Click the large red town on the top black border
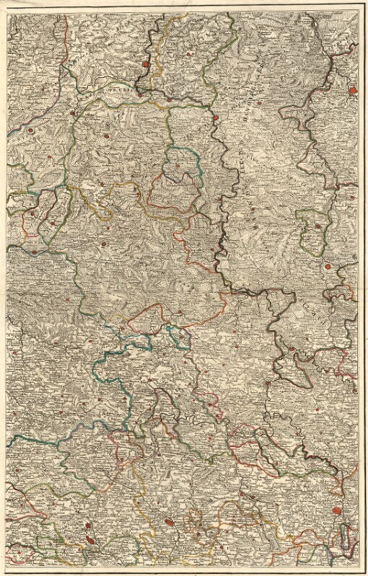tap(147, 63)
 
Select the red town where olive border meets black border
tap(216, 118)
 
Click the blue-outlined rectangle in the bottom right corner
tap(348, 537)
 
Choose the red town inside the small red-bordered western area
tap(32, 214)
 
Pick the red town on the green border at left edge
tap(32, 252)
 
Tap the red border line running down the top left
tap(65, 43)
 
